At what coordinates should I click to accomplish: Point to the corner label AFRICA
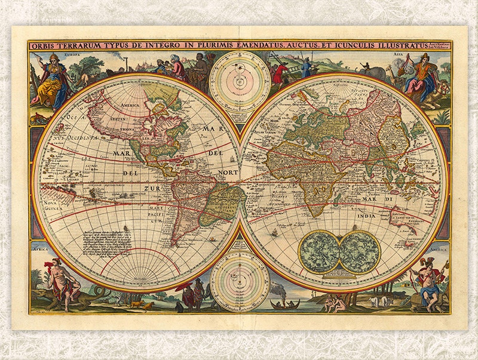(40, 247)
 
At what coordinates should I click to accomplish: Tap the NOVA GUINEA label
(56, 204)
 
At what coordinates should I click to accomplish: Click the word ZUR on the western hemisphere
(151, 188)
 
